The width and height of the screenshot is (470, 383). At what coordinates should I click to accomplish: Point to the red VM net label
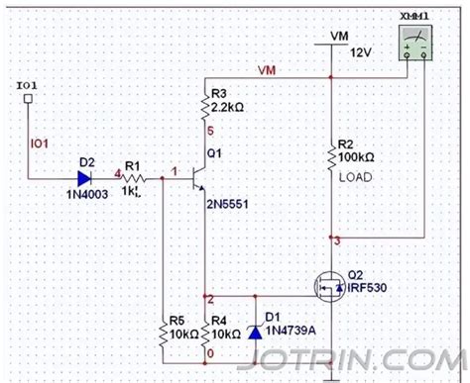tap(267, 71)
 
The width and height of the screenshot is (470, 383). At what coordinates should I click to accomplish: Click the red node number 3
tap(337, 240)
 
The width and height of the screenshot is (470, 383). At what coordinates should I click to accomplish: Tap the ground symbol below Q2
tap(329, 374)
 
